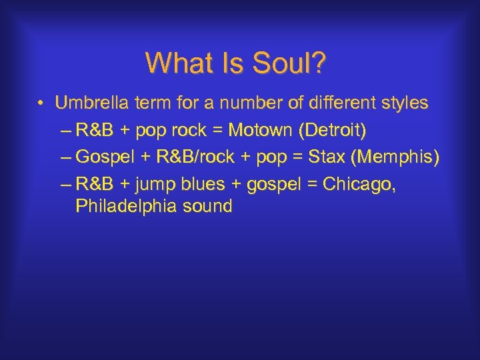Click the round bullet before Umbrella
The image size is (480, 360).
click(41, 104)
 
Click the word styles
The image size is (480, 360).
click(403, 103)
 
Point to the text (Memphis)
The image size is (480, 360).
click(398, 157)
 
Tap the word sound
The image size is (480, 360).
click(206, 206)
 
